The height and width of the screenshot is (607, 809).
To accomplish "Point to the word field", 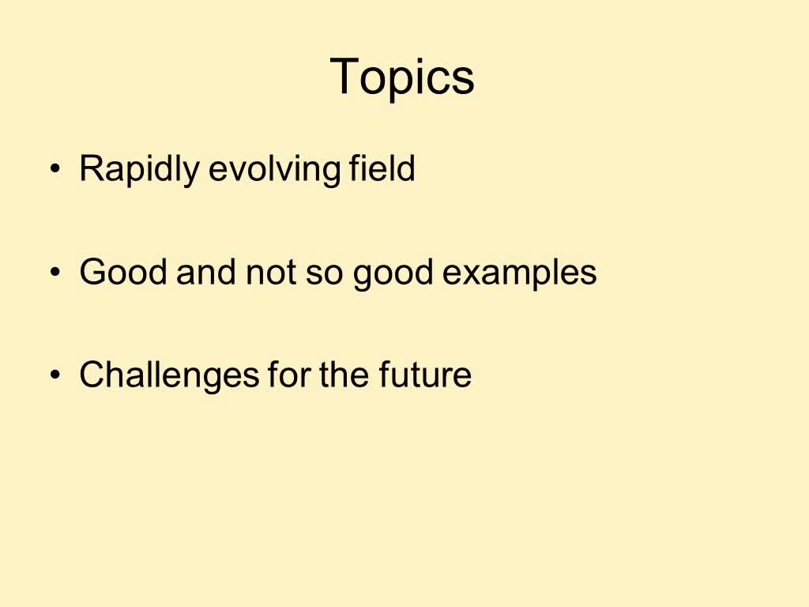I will tap(382, 168).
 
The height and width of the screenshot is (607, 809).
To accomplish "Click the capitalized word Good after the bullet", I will tap(124, 273).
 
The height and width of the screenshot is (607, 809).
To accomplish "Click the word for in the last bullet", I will tap(288, 375).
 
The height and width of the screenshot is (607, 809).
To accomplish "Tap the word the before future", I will tap(344, 375).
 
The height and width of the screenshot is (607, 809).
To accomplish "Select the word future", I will tap(424, 375).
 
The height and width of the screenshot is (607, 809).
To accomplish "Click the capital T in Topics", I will tap(345, 77).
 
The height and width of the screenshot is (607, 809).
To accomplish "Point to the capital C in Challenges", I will tap(92, 375).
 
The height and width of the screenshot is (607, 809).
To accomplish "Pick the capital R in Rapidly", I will tap(92, 169).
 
